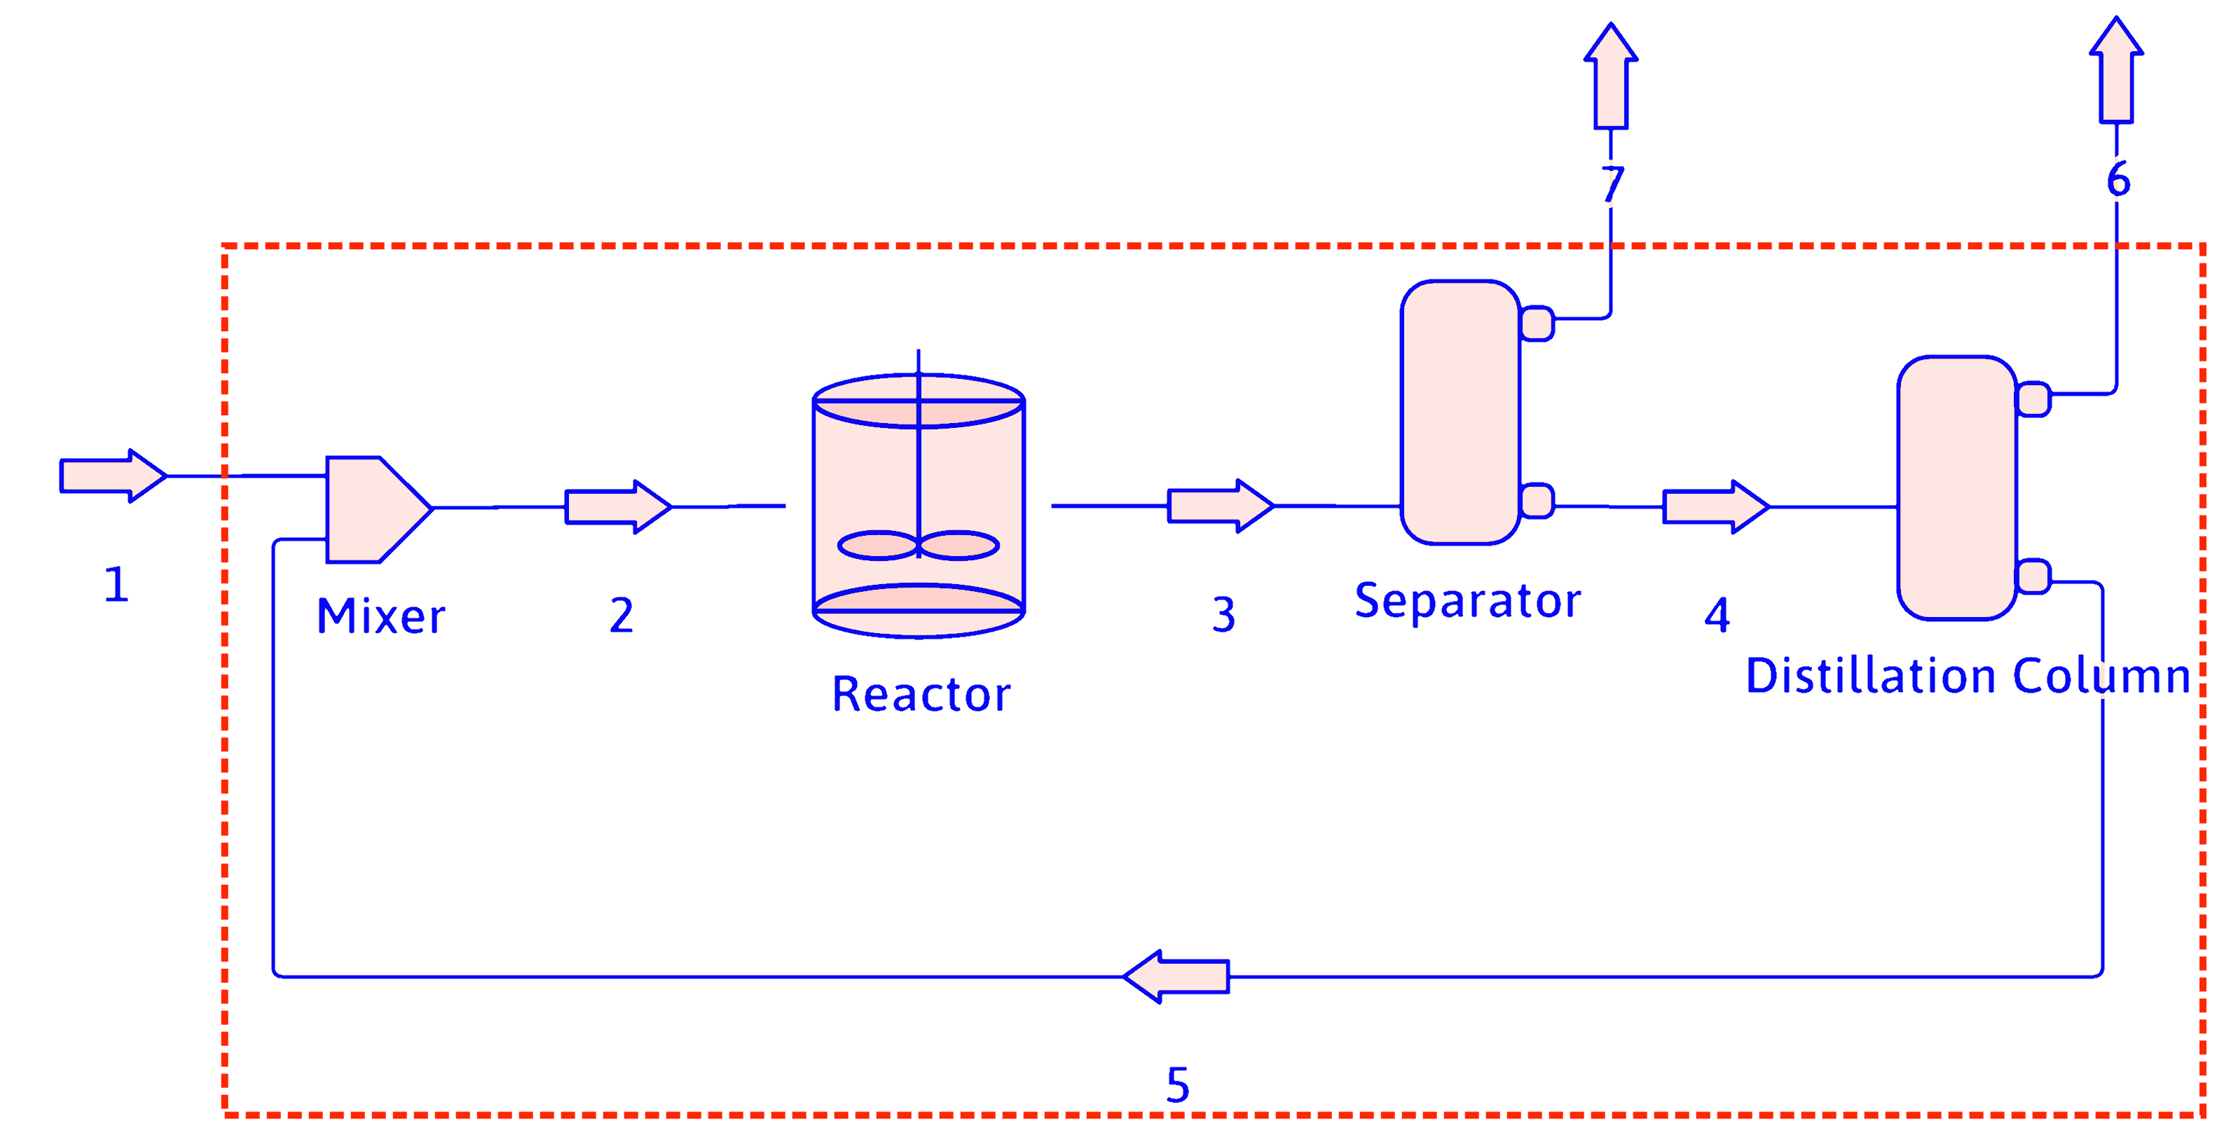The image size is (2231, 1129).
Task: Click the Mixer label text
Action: [x=381, y=616]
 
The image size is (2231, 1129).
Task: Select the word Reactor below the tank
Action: [x=921, y=694]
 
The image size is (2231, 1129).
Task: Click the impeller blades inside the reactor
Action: [x=918, y=546]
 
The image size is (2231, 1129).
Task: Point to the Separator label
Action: [x=1467, y=601]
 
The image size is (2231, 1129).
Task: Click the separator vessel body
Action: [x=1460, y=412]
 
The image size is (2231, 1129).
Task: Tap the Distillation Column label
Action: [x=1968, y=676]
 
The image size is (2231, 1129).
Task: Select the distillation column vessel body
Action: [x=1957, y=487]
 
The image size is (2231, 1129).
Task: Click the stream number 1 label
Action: [x=116, y=584]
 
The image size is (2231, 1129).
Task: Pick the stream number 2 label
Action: [x=621, y=616]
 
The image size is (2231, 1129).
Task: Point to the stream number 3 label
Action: [x=1223, y=615]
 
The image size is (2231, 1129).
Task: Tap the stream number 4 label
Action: [x=1717, y=616]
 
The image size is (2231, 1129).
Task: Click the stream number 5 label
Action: [x=1177, y=1084]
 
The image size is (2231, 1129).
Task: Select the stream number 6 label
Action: [x=2117, y=179]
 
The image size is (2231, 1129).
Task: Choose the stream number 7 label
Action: [x=1612, y=183]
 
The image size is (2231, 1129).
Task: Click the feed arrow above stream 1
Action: [x=111, y=476]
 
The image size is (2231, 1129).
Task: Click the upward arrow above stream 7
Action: [x=1611, y=78]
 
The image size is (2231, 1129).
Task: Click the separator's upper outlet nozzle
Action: [x=1537, y=324]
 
